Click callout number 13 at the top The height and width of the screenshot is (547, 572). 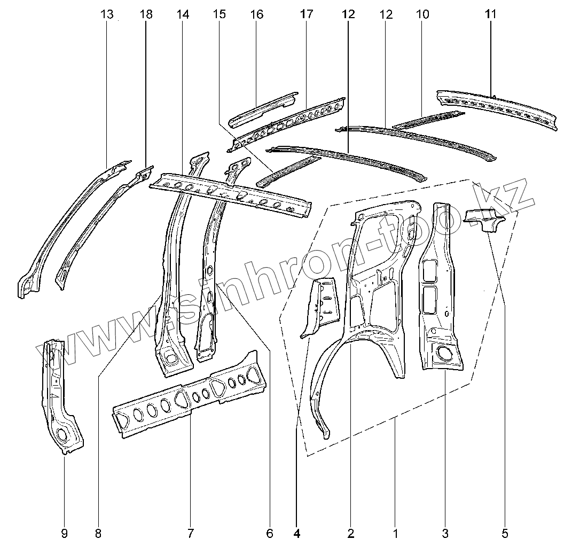click(107, 14)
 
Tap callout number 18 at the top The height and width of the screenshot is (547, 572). click(145, 14)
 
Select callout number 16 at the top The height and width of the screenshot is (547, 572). click(256, 14)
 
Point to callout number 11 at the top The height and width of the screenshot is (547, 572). click(491, 14)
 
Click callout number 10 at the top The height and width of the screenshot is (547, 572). click(422, 14)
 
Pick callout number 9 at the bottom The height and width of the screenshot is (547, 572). click(64, 533)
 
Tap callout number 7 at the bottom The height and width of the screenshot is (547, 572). click(190, 533)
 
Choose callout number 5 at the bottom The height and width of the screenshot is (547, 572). click(505, 533)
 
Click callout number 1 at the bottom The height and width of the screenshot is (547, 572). click(395, 533)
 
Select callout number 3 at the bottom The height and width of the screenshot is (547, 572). click(445, 533)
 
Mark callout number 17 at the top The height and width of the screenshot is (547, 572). click(306, 14)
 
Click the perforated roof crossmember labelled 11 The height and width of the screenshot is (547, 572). click(497, 107)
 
